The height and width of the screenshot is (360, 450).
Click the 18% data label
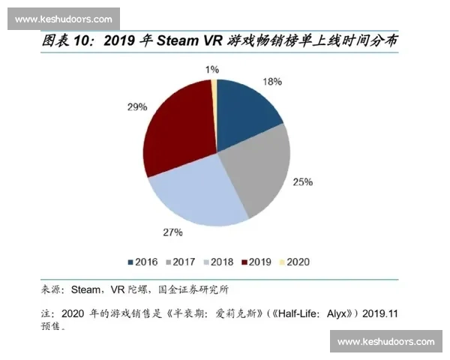point(271,81)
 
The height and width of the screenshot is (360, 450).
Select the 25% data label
point(303,181)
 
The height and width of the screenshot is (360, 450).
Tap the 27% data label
point(173,232)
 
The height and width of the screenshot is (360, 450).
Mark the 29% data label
point(137,107)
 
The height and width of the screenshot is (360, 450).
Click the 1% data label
point(211,69)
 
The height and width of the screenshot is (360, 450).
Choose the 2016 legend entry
point(143,262)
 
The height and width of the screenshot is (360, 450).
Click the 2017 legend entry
point(180,262)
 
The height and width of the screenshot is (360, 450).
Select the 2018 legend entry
point(217,262)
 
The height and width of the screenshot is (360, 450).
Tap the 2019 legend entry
point(254,262)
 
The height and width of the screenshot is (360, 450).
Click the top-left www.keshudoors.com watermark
point(63,19)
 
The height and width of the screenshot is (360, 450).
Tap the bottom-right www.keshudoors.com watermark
point(386,342)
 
